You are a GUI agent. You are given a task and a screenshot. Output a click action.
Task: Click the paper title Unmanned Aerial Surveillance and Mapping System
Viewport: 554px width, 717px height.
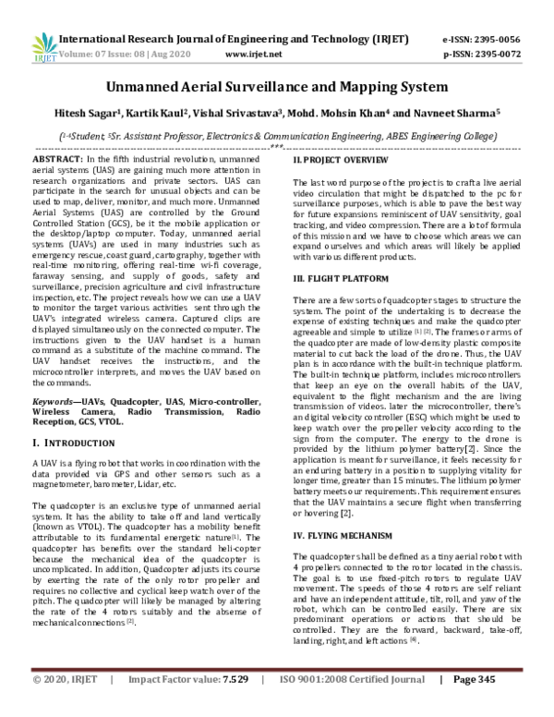[x=276, y=88]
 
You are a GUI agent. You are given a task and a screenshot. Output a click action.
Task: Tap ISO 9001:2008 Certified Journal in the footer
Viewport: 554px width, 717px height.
[x=357, y=705]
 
